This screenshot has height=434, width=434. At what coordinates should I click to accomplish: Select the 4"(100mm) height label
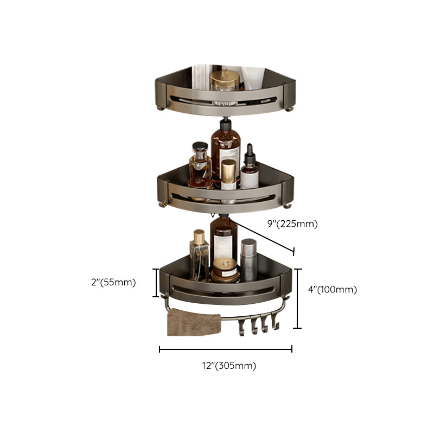[332, 290]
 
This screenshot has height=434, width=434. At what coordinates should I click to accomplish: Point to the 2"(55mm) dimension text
[113, 282]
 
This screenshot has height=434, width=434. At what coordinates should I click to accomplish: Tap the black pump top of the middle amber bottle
[226, 128]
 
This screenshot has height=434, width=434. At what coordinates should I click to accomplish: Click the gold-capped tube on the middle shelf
[228, 174]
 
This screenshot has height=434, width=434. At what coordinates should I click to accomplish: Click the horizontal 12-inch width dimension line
[225, 349]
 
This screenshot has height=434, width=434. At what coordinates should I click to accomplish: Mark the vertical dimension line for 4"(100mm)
[297, 298]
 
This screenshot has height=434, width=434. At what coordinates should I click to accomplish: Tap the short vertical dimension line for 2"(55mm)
[157, 283]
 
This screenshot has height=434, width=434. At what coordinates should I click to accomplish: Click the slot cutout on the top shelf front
[225, 101]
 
